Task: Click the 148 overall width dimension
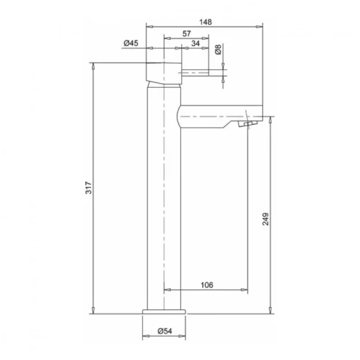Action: click(x=205, y=22)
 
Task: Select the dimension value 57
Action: click(x=186, y=33)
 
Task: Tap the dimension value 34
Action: click(x=195, y=44)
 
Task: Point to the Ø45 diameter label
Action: click(x=130, y=43)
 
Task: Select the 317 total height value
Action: click(x=88, y=189)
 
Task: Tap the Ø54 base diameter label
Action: click(x=164, y=331)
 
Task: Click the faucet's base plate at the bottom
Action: click(x=164, y=312)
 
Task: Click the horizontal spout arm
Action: click(x=216, y=115)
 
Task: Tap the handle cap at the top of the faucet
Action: click(x=164, y=71)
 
